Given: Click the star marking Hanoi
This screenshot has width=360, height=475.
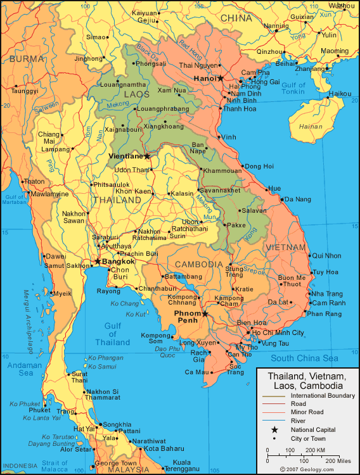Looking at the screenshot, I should coord(221,79).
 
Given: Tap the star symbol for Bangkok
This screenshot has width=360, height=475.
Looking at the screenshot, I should coord(97,261).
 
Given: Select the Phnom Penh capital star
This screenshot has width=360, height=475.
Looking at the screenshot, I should coord(205,313).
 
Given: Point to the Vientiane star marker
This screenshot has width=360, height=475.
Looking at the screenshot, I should coord(147,156).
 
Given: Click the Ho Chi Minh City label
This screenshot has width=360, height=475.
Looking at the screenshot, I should coord(278,332).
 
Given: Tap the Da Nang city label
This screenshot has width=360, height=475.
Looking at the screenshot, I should coord(298,199).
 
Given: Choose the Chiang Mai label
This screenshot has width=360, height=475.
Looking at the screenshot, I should coord(49,137).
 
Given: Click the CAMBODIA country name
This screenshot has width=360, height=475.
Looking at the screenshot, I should coord(199,264).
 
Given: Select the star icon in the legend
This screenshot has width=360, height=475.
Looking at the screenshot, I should coord(274,429).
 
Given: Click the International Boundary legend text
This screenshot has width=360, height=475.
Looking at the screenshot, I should coord(322,395).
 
